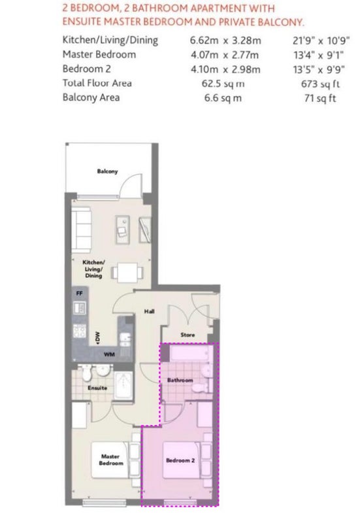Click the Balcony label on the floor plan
pos(107,171)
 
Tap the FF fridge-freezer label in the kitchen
pos(79,294)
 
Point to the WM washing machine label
pos(109,354)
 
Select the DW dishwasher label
pos(97,337)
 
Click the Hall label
pos(150,312)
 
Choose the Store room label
pos(188,335)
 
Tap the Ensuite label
pos(97,388)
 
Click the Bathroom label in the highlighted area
pos(180,380)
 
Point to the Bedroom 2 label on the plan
pos(180,460)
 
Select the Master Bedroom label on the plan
pos(111,460)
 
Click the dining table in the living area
pos(127,273)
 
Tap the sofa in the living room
pos(81,230)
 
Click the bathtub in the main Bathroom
pos(190,353)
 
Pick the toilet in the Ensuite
pos(87,373)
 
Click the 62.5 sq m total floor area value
pos(223,84)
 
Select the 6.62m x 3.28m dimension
pos(225,41)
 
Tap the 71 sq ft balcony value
pos(320,98)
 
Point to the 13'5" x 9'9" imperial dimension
pos(319,69)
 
